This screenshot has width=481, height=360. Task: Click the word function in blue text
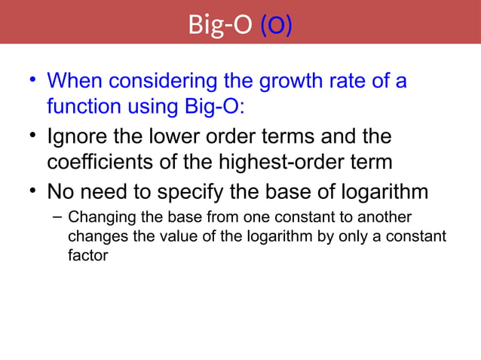click(84, 106)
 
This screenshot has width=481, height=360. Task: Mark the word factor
click(87, 255)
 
